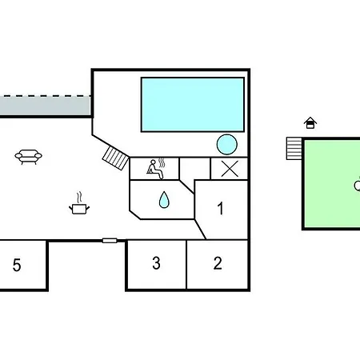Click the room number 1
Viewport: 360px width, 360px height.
220,208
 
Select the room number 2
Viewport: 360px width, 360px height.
218,263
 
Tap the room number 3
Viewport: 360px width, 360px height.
156,263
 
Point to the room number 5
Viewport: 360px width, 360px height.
17,265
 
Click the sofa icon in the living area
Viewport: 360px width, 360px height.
28,157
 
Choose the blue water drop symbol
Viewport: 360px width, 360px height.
164,200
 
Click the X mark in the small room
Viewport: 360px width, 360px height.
230,169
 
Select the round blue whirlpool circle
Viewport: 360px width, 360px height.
227,145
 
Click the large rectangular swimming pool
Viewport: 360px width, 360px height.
193,105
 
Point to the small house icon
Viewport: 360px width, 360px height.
310,123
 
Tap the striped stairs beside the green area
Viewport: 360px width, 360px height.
294,149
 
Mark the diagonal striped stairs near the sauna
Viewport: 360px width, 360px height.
116,158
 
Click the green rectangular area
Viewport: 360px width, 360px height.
332,184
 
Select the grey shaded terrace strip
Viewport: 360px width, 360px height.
46,106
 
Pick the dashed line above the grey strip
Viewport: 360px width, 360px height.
46,96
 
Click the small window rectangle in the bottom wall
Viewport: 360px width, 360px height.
110,241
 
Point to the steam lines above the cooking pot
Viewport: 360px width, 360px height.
79,198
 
